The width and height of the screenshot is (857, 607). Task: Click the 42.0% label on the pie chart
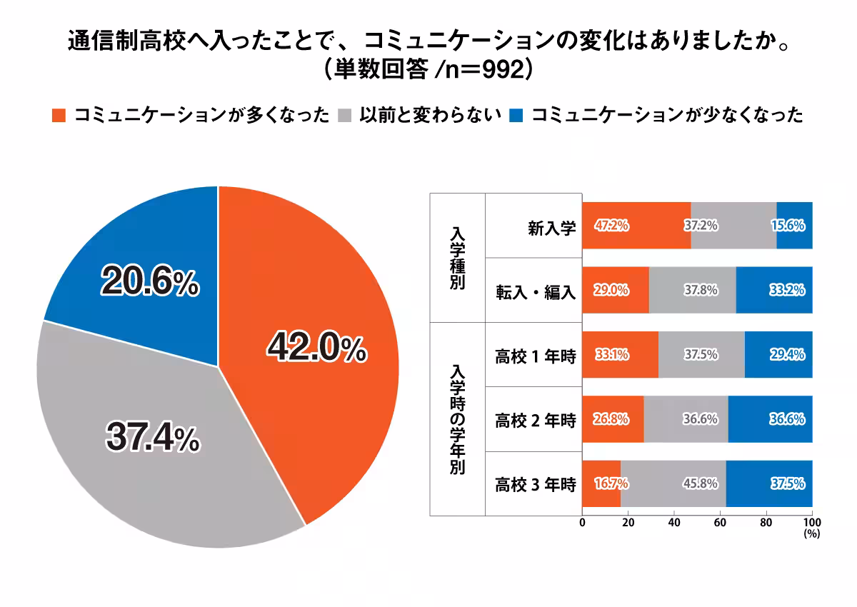316,348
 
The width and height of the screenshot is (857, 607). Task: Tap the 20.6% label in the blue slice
149,283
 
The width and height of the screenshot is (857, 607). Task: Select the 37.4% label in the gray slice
152,438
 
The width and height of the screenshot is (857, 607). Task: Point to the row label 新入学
551,226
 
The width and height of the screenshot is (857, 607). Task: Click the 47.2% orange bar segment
636,226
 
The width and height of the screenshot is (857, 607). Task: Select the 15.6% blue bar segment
794,226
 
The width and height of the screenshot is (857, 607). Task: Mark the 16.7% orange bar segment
601,484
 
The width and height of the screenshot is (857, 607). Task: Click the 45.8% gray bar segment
673,484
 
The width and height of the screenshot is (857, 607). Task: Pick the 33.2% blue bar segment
774,290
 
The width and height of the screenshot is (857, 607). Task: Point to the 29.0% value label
611,290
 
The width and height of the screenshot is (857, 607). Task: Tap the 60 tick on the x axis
720,522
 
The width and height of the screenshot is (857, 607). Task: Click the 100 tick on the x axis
811,522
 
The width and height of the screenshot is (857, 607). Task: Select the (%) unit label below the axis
811,533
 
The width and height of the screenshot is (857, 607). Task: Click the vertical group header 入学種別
457,257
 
